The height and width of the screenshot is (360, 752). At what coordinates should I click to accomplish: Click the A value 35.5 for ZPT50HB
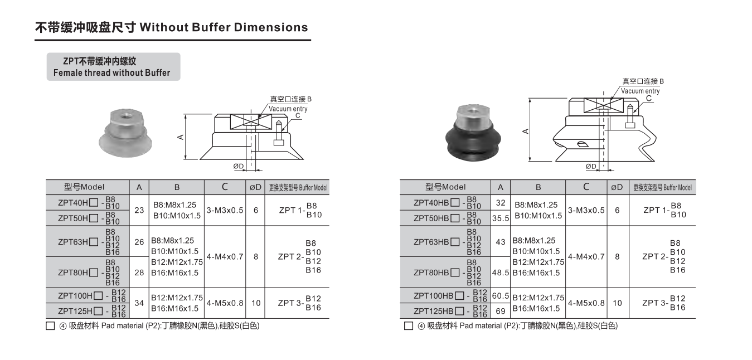coord(501,218)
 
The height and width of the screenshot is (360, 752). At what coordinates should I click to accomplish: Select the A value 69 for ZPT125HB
coord(501,311)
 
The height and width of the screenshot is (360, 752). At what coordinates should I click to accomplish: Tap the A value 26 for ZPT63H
coord(139,242)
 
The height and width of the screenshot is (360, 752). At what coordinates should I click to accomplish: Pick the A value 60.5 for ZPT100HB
coord(501,295)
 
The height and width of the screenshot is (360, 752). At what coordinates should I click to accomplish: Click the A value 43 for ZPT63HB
coord(501,242)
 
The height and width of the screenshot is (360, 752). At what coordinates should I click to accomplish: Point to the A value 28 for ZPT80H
coord(139,273)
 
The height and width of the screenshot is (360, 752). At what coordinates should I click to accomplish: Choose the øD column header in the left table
coord(255,187)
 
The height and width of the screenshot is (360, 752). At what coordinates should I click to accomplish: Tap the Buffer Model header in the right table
coord(662,187)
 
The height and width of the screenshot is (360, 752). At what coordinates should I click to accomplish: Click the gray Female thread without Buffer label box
coord(114,67)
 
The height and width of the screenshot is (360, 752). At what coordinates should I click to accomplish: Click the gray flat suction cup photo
coord(125,133)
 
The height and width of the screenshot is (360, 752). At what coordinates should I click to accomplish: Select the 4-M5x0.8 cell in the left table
coord(225,303)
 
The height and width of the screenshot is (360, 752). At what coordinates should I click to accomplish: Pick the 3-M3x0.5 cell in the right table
coord(586,210)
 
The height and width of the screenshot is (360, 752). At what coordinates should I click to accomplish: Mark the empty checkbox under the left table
coord(50,326)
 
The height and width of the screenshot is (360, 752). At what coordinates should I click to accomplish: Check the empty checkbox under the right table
coord(409,326)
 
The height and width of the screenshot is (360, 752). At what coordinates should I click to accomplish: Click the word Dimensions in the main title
coord(271,27)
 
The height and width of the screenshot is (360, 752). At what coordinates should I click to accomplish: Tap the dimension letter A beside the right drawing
coord(525,131)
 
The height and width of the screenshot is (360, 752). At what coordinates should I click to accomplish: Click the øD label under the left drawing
coord(239,166)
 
